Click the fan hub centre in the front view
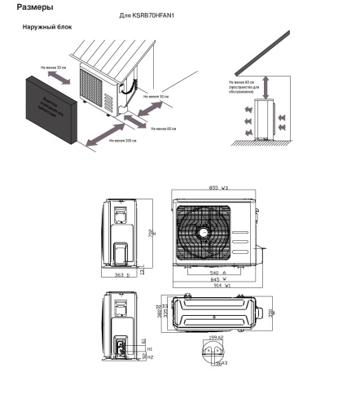coord(202,232)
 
